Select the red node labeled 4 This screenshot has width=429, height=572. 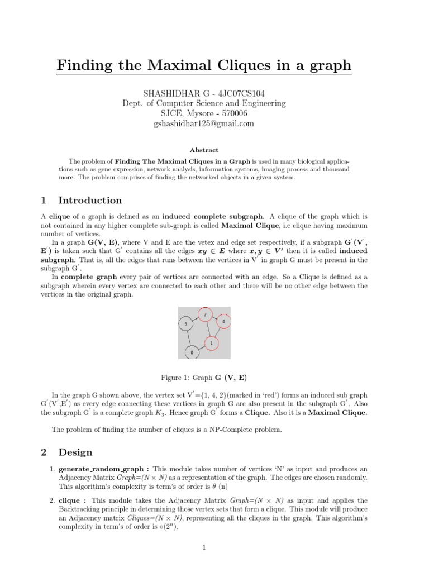tap(223, 322)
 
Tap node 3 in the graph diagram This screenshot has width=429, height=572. tap(185, 324)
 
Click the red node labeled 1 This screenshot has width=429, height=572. tap(211, 342)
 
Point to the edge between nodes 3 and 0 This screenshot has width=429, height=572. tap(189, 339)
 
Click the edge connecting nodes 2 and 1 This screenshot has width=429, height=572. tap(208, 329)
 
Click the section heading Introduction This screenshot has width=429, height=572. tap(90, 201)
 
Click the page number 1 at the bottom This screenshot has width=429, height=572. tap(204, 548)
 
